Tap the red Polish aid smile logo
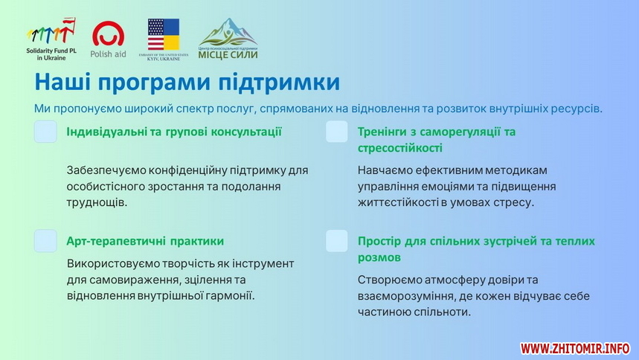click(108, 33)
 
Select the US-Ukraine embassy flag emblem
click(164, 34)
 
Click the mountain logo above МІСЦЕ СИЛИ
click(228, 32)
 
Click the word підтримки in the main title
click(279, 83)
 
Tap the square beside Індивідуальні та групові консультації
click(45, 131)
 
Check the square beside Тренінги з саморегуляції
click(337, 131)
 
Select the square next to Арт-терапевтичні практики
click(45, 240)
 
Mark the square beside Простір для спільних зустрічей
click(337, 240)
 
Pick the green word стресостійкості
click(399, 148)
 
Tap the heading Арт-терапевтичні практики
click(145, 241)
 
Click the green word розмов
click(379, 257)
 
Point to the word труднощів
click(97, 203)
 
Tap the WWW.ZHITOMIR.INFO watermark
click(575, 348)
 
